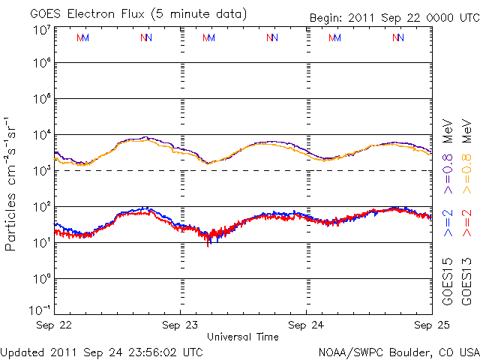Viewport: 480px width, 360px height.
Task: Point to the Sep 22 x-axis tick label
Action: (54, 325)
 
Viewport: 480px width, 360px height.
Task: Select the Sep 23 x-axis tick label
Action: (180, 325)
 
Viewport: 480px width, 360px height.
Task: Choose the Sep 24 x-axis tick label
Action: (306, 325)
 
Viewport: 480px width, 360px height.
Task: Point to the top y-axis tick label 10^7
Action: (41, 30)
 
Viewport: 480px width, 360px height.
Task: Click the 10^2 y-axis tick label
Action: (41, 207)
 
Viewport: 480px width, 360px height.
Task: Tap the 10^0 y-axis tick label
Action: (41, 279)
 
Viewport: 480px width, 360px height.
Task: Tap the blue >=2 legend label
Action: (448, 223)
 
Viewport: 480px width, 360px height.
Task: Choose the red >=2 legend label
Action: (466, 223)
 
